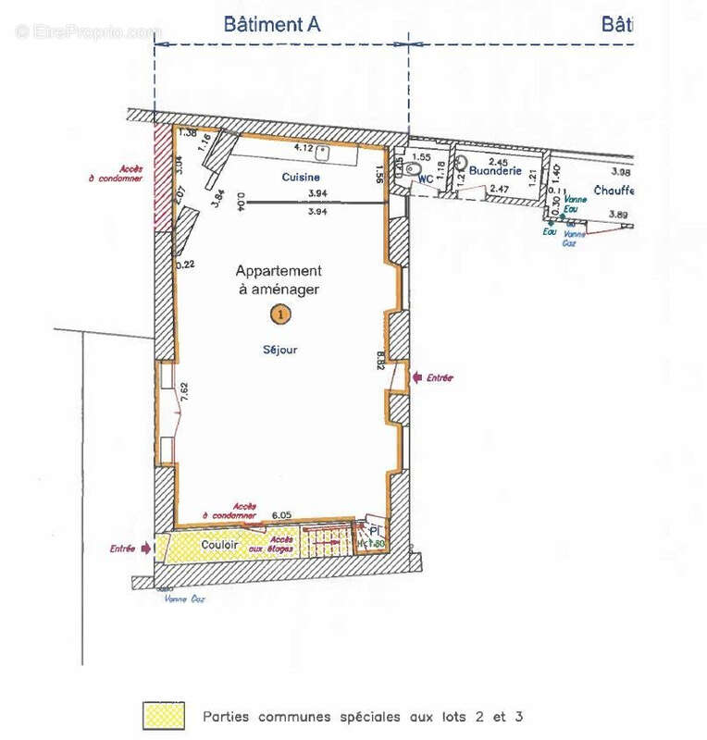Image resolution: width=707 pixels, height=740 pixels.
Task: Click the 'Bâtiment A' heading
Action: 271,25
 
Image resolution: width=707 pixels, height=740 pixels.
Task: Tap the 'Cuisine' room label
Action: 301,177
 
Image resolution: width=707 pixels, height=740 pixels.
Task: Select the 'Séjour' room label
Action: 278,350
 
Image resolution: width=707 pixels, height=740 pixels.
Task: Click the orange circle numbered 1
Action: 279,314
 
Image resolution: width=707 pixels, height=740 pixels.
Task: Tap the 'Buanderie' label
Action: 495,171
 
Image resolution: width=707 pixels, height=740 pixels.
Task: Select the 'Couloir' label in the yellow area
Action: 218,546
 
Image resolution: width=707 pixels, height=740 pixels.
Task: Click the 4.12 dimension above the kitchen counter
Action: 304,147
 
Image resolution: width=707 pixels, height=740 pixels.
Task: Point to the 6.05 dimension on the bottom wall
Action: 281,514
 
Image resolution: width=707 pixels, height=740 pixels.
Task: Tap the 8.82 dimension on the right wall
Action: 380,359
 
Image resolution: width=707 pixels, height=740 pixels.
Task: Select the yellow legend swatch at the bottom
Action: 164,716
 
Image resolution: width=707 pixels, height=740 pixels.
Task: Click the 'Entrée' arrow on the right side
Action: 417,377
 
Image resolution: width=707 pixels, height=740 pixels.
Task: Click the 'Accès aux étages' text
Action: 281,545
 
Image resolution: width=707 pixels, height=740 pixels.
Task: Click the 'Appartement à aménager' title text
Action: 279,280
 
